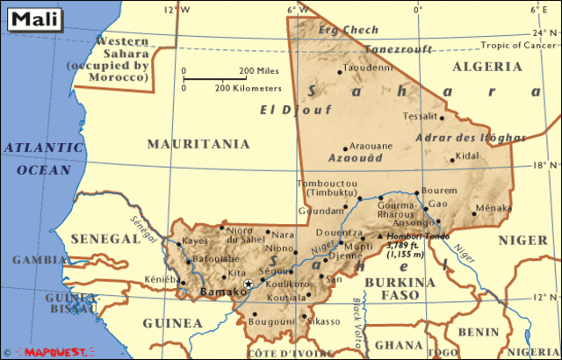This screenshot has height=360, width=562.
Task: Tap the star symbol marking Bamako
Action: click(x=249, y=284)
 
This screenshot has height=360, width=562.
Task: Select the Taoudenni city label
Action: click(x=366, y=68)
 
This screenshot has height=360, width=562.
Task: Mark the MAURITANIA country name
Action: click(x=198, y=143)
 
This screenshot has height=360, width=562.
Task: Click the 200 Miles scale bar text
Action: click(x=259, y=71)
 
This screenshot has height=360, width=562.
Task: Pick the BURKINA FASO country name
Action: click(x=400, y=289)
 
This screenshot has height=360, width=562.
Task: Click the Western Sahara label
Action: click(x=121, y=60)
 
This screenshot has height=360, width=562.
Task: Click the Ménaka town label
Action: click(x=493, y=209)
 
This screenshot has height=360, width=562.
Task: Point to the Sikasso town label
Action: click(x=324, y=321)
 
